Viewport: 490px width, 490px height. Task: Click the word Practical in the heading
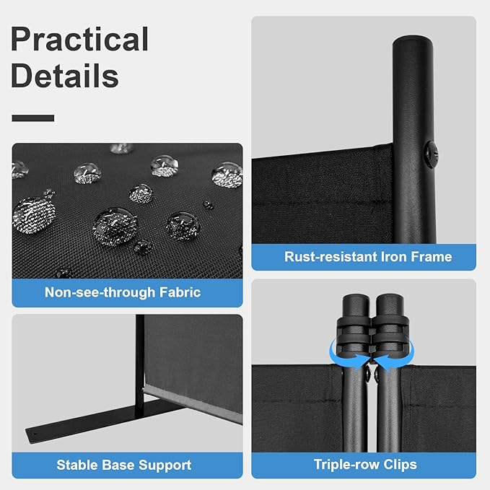click(79, 40)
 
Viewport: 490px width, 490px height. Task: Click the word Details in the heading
click(65, 76)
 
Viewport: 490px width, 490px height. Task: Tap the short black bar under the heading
click(33, 118)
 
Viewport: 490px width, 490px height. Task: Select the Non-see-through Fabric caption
click(123, 292)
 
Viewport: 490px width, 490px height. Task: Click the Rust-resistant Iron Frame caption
click(367, 257)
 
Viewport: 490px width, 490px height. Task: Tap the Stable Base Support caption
click(123, 465)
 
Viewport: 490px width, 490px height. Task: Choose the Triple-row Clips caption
click(365, 465)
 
